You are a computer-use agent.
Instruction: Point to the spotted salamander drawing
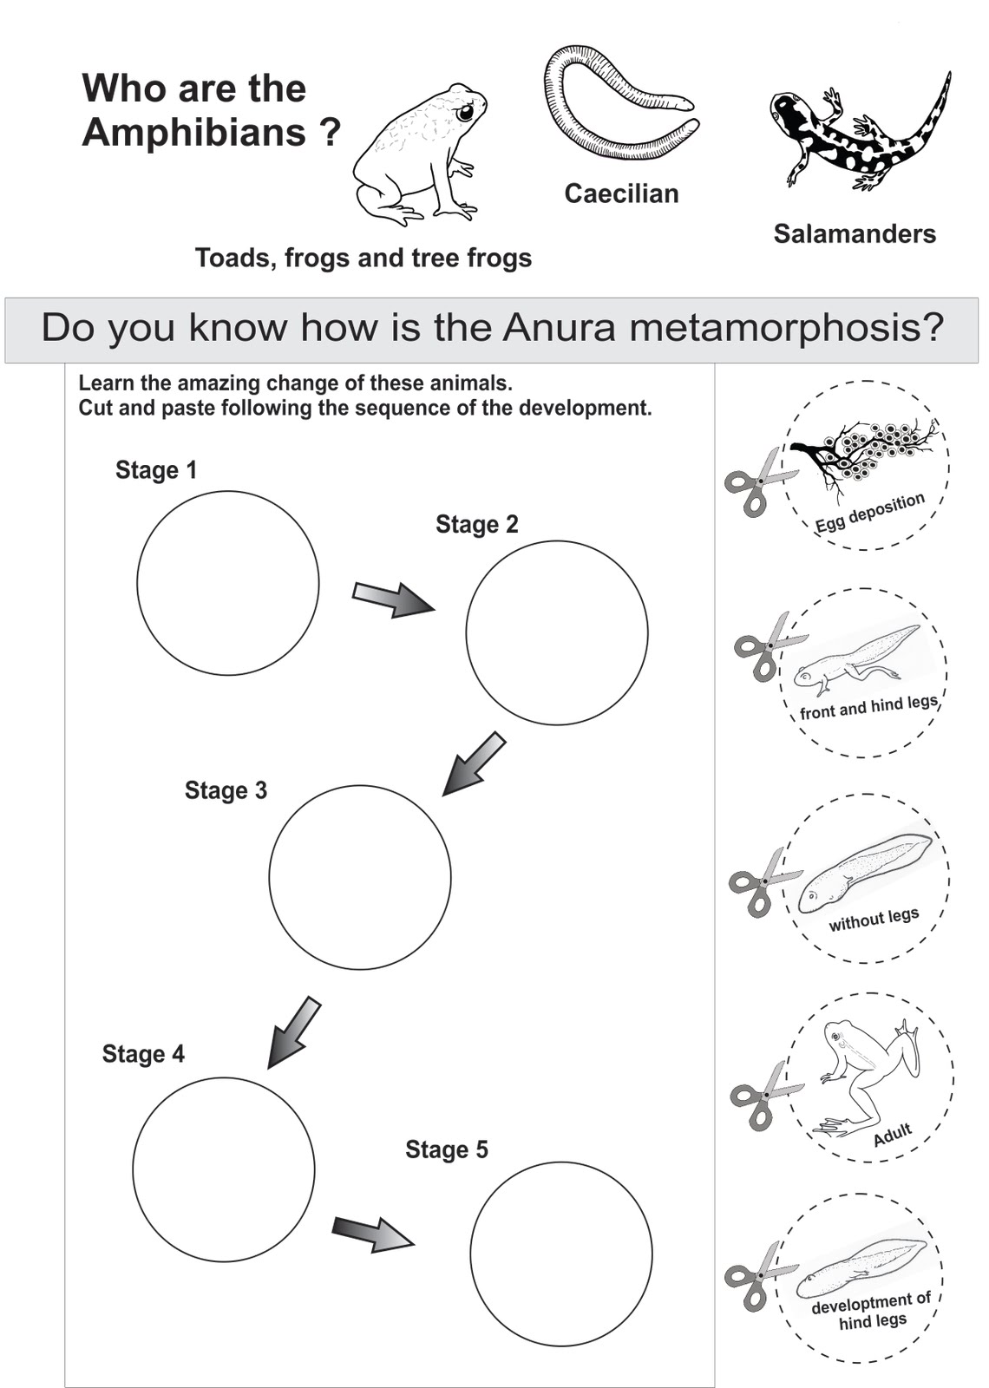point(859,134)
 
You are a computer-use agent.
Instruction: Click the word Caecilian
point(621,193)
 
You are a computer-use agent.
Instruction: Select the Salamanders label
point(855,234)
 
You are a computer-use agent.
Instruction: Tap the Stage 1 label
point(156,470)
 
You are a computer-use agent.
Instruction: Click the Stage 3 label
point(226,790)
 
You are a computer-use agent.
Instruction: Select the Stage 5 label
point(446,1149)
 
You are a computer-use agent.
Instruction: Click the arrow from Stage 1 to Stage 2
point(393,599)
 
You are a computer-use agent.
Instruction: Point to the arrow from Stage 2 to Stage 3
point(474,763)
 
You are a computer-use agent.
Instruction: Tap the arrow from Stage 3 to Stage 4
point(293,1032)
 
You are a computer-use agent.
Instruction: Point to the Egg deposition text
point(869,513)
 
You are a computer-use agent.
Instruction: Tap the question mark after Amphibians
point(330,133)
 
